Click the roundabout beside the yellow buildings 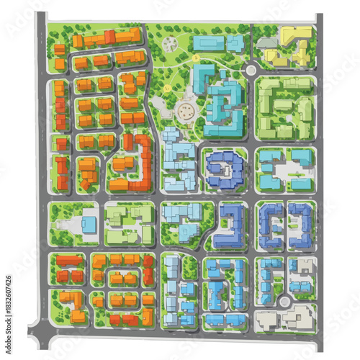251,71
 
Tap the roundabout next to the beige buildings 285,302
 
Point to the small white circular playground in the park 170,43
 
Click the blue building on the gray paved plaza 89,225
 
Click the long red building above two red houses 70,260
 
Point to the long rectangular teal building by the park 208,44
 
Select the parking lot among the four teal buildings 287,172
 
